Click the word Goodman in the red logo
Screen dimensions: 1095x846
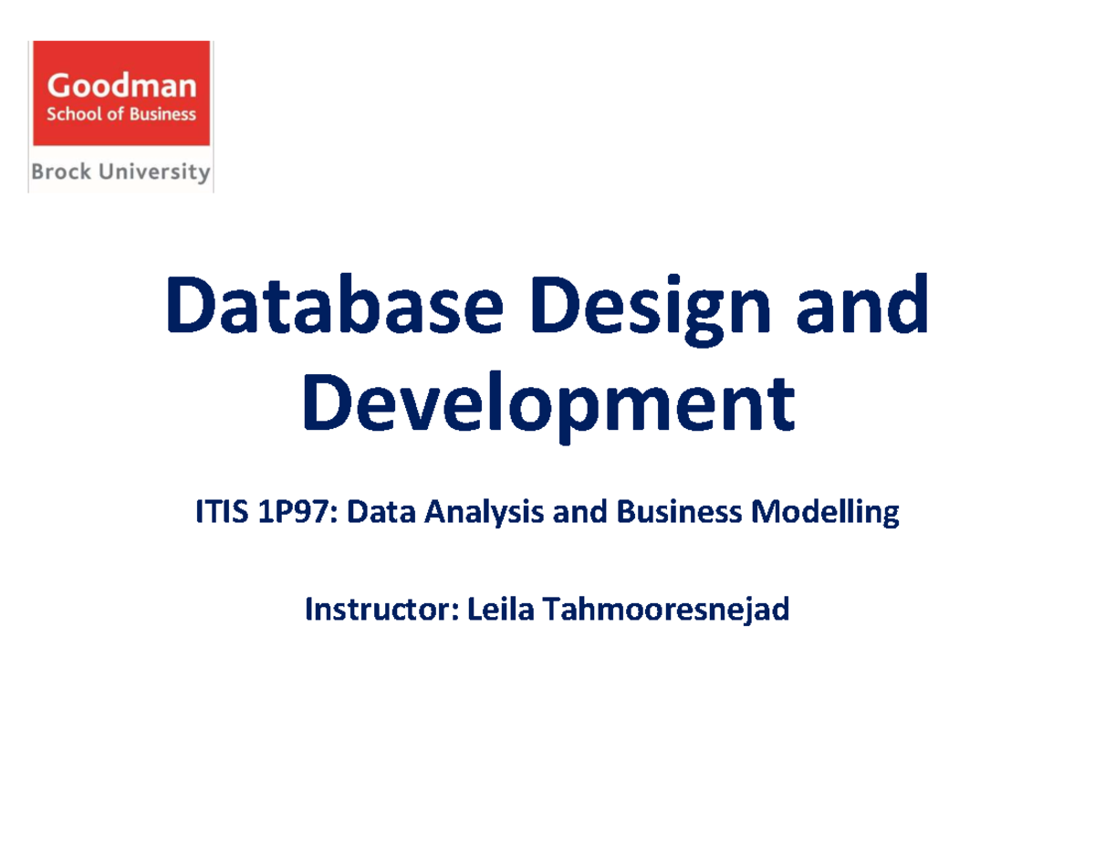(x=121, y=85)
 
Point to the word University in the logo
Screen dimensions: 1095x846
(x=154, y=172)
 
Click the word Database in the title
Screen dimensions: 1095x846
(x=335, y=304)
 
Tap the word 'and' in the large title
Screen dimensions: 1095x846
(x=862, y=304)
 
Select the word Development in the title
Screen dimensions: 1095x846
(x=548, y=407)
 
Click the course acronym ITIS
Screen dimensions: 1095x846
(x=222, y=511)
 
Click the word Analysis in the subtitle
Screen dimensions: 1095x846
(x=484, y=514)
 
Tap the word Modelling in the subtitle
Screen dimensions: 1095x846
(x=825, y=513)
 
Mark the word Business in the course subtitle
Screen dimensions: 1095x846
(x=679, y=511)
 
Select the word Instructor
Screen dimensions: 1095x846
(x=382, y=609)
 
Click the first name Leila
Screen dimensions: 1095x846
(x=500, y=609)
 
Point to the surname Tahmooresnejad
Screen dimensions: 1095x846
(x=665, y=610)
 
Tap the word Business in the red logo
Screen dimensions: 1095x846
(x=162, y=114)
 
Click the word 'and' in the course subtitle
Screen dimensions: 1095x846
(x=579, y=511)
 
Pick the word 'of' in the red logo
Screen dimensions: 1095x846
(x=115, y=114)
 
